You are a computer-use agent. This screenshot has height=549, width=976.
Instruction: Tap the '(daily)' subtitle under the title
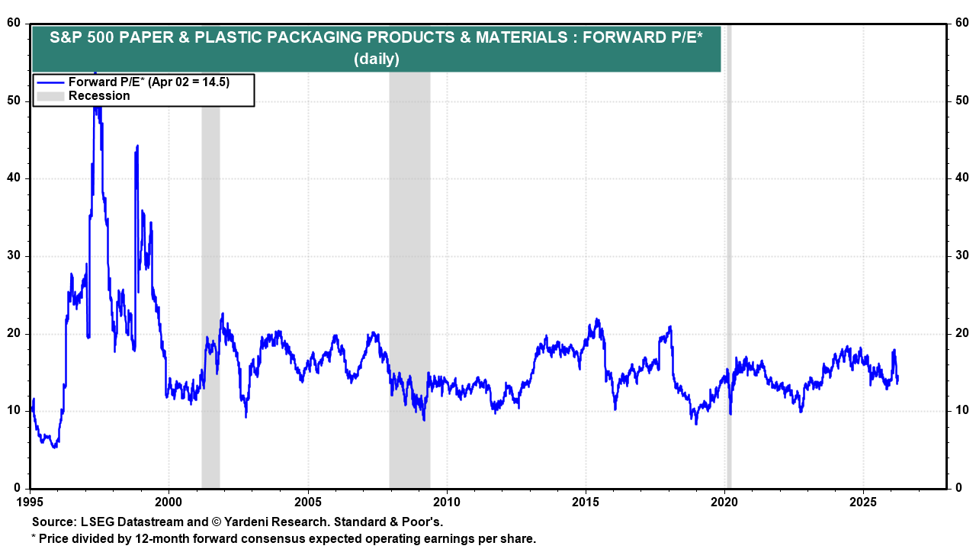click(x=376, y=59)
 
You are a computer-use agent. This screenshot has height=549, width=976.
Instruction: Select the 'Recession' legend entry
click(x=99, y=96)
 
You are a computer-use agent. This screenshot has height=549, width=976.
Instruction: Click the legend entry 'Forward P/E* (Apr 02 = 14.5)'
click(x=149, y=82)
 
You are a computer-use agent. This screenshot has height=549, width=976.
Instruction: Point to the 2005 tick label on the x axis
click(x=308, y=502)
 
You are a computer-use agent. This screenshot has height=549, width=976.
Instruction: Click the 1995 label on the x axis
click(x=30, y=502)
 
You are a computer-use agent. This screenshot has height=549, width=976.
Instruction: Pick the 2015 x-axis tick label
click(x=586, y=502)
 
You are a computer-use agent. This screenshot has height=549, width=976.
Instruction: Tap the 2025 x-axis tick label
click(x=863, y=502)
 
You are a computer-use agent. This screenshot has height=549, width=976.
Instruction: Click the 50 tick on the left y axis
click(x=14, y=101)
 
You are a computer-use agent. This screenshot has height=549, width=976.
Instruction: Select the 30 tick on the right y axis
click(x=962, y=256)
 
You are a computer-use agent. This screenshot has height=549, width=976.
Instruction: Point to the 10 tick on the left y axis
click(x=14, y=411)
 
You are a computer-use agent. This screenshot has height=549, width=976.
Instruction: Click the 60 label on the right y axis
click(x=962, y=24)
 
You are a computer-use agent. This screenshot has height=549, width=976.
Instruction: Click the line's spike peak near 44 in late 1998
click(x=137, y=146)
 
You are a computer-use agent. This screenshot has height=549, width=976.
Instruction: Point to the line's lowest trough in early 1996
click(x=54, y=447)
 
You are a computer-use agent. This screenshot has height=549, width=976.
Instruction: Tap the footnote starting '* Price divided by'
click(x=283, y=538)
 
